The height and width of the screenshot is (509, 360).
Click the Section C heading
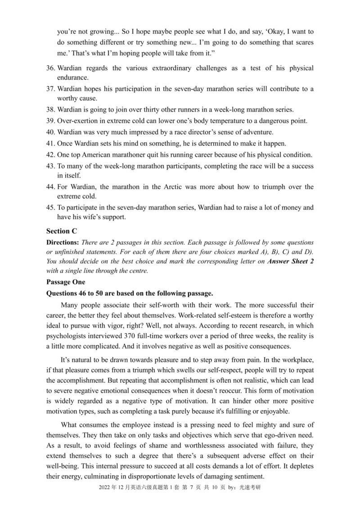(x=62, y=231)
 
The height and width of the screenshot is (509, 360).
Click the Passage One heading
(x=65, y=282)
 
